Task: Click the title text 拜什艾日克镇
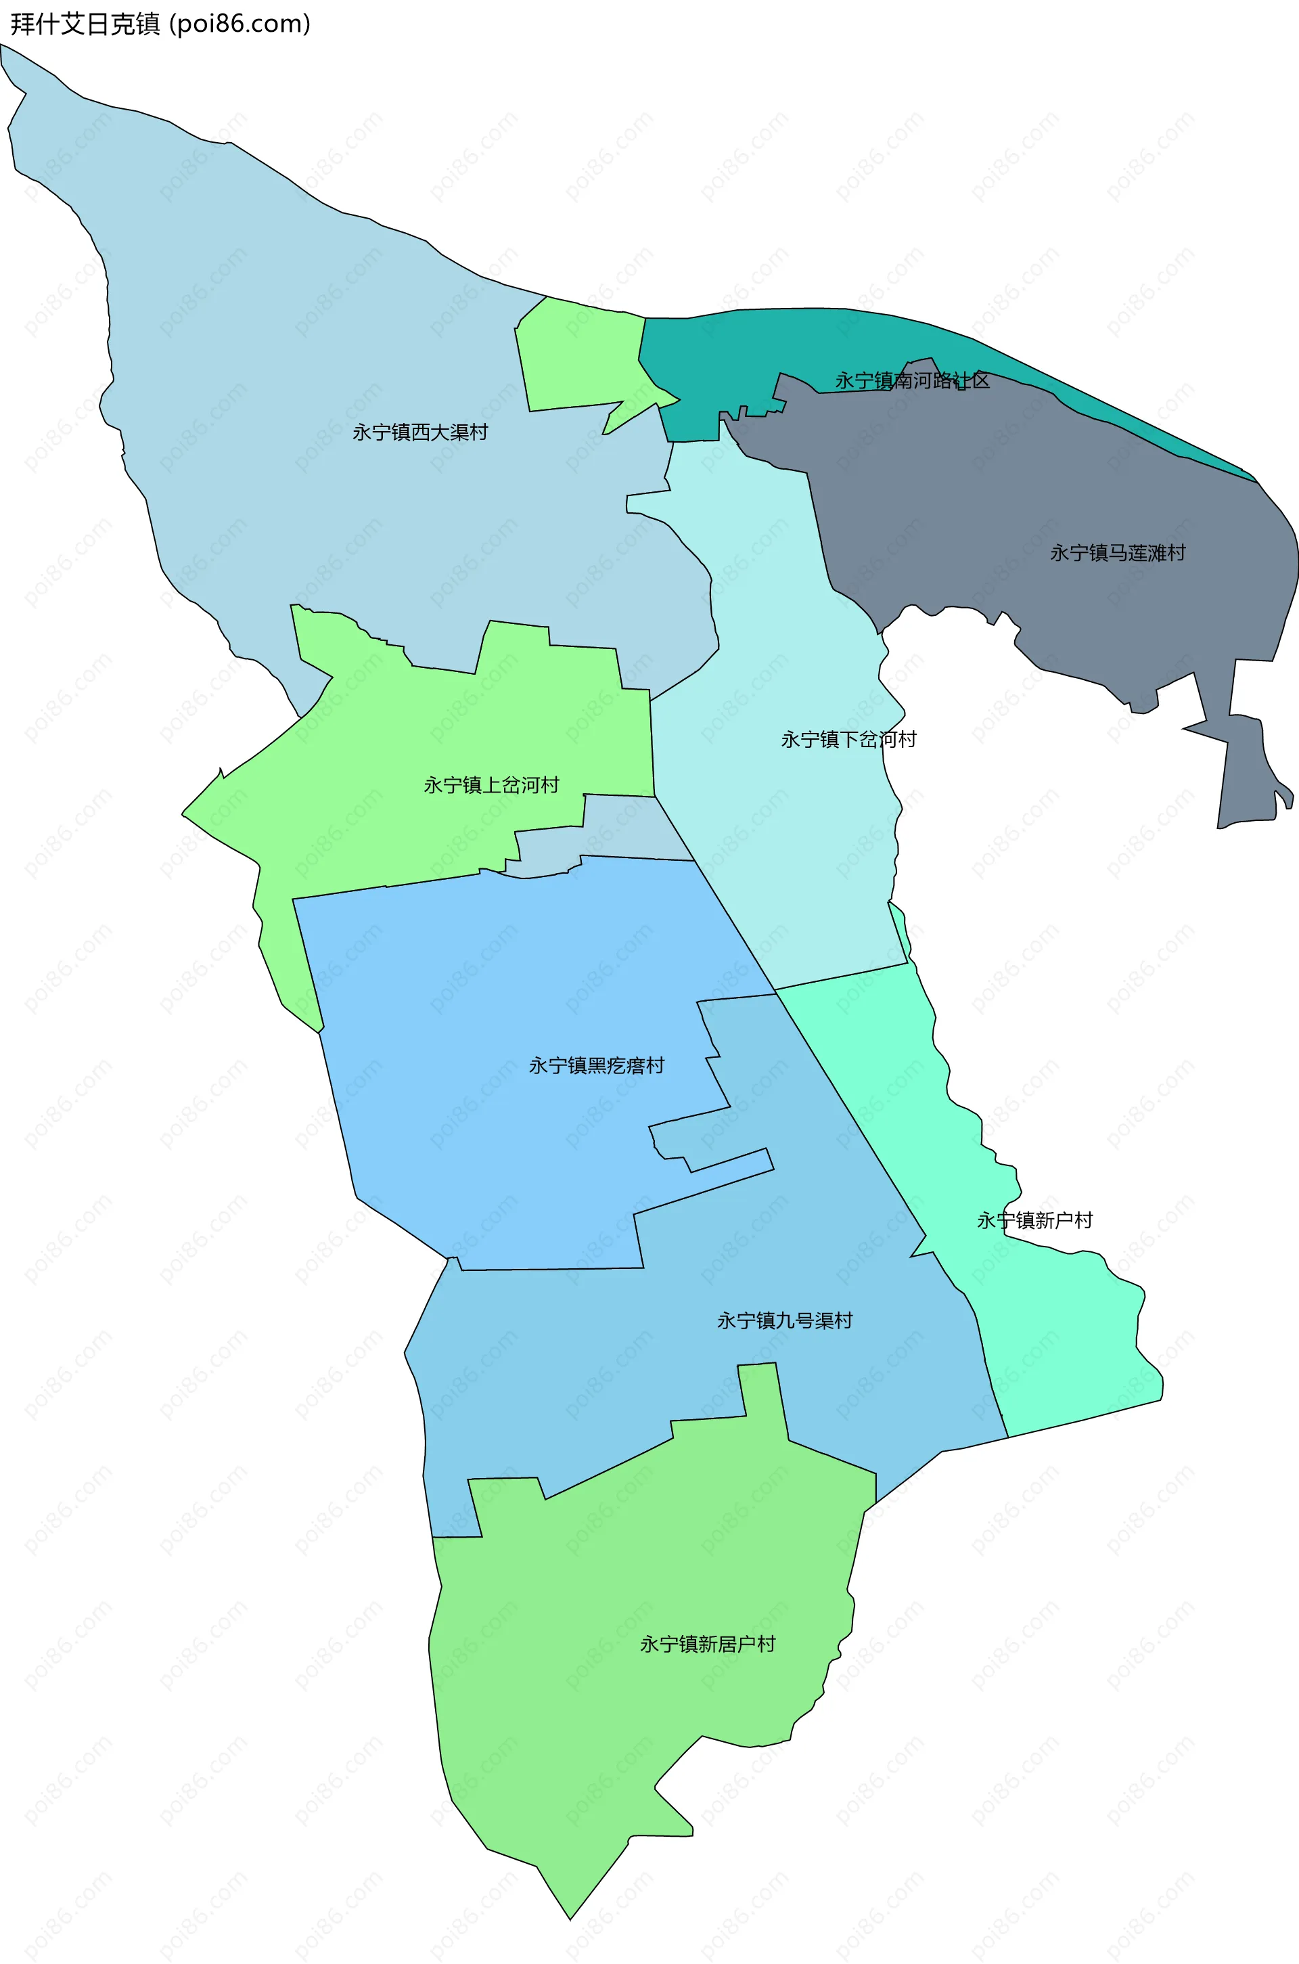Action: (x=85, y=24)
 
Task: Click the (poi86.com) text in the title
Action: (x=240, y=24)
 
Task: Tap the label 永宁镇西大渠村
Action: (x=420, y=432)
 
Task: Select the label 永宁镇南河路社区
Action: (x=912, y=380)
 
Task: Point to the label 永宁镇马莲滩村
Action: (x=1118, y=553)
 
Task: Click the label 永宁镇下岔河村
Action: (x=848, y=739)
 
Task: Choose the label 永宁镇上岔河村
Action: (x=491, y=785)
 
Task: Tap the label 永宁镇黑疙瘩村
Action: (x=597, y=1066)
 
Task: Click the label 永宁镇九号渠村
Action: (x=785, y=1321)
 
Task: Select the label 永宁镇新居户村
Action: (x=708, y=1644)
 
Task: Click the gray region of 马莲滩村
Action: (x=1036, y=497)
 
